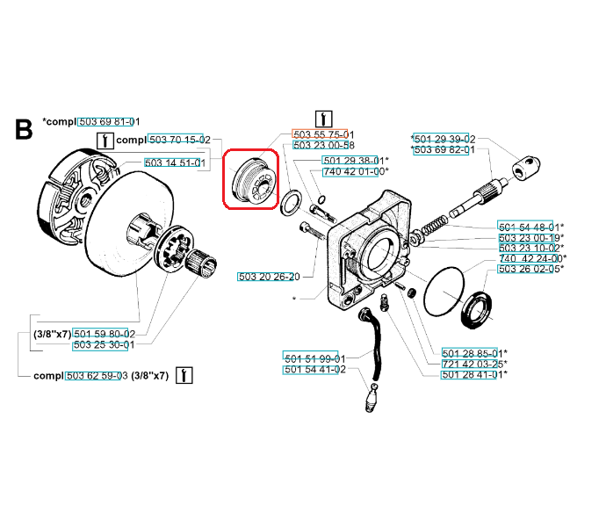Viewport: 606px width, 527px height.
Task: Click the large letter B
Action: pos(24,129)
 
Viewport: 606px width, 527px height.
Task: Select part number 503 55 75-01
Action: pos(323,134)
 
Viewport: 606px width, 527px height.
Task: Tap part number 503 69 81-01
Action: pos(109,122)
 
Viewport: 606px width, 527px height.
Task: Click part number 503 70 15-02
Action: pos(180,140)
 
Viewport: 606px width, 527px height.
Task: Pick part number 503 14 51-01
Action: pos(175,163)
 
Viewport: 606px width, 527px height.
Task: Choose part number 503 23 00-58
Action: pos(323,146)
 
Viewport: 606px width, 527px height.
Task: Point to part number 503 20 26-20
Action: pos(269,277)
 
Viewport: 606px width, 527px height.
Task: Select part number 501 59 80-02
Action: pos(105,334)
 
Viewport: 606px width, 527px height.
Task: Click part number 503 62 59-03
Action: pos(97,375)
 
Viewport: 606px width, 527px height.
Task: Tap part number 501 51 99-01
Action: pos(315,358)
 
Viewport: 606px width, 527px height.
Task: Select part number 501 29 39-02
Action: pos(443,139)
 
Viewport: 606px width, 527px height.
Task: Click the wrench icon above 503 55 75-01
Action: pos(323,119)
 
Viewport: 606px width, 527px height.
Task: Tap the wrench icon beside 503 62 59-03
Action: pos(184,375)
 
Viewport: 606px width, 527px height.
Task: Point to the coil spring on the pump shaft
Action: pos(434,226)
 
